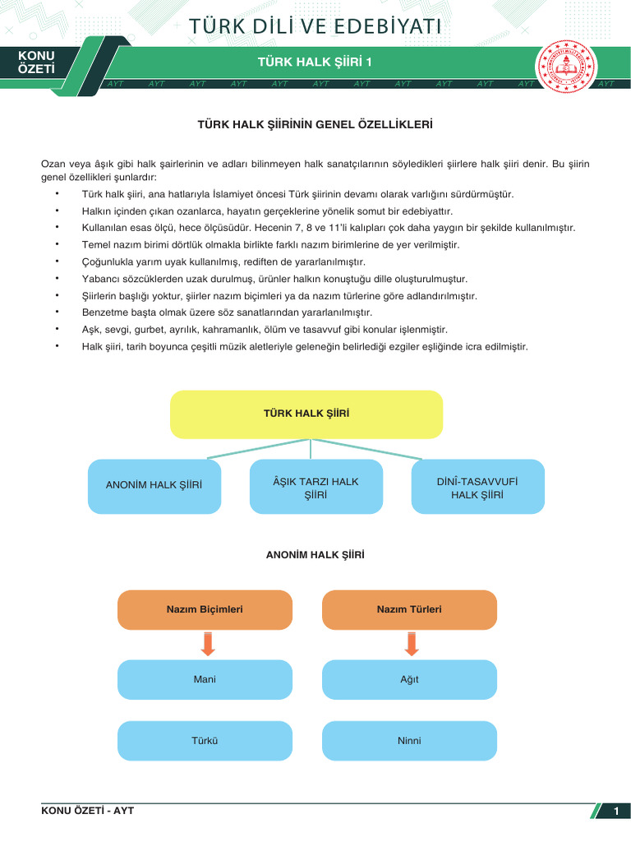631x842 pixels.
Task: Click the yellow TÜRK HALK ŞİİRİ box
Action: [x=306, y=414]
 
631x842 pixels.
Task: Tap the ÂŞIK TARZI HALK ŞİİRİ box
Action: [x=315, y=488]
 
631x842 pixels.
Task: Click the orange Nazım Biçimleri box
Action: [x=205, y=609]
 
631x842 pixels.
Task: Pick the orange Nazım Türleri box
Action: [x=409, y=609]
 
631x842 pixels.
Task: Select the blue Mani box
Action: [x=205, y=680]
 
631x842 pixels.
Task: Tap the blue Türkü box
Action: [x=205, y=741]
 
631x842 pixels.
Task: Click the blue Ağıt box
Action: [x=409, y=680]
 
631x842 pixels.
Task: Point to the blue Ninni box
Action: [x=409, y=741]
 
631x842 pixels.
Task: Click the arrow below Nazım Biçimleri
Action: [x=208, y=644]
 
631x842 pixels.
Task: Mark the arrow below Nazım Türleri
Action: [x=412, y=644]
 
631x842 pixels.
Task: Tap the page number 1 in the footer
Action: [x=615, y=812]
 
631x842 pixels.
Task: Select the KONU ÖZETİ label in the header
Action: [x=36, y=63]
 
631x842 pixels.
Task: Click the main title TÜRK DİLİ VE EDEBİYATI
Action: [x=315, y=26]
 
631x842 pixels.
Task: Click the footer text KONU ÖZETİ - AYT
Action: [x=87, y=811]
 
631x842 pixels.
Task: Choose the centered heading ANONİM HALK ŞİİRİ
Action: [x=315, y=555]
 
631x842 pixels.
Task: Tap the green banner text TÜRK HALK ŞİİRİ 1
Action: [x=315, y=62]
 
